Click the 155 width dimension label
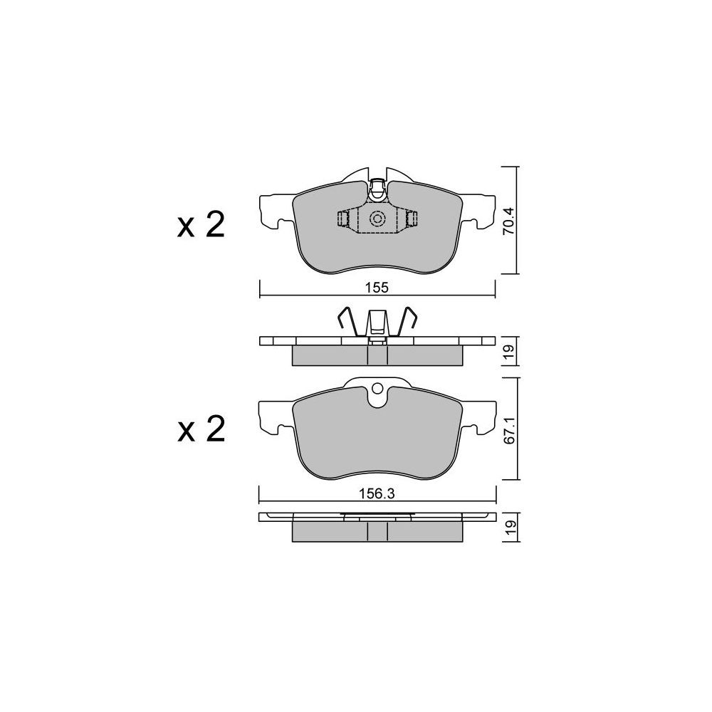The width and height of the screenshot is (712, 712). [377, 288]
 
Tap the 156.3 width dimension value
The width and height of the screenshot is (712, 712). [377, 493]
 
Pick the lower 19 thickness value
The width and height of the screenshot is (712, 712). [511, 527]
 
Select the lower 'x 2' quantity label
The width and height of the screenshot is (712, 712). [201, 429]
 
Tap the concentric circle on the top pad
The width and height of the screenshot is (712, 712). [377, 219]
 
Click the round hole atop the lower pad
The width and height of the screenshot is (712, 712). [377, 389]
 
